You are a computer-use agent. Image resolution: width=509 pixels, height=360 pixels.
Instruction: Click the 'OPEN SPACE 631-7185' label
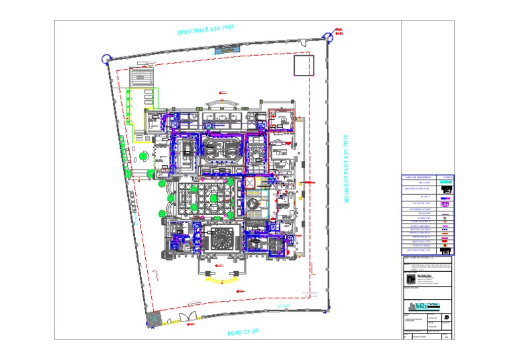click(x=205, y=30)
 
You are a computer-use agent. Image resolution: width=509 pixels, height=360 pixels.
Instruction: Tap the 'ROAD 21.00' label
click(x=237, y=332)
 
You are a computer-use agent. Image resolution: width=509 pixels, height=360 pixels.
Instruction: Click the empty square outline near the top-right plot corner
click(x=303, y=65)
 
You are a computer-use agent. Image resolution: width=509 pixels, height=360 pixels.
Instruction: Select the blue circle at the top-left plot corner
click(x=104, y=58)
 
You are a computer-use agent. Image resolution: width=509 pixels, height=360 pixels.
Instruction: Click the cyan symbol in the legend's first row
click(x=446, y=182)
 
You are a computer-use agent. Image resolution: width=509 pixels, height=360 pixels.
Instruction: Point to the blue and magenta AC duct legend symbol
click(x=446, y=198)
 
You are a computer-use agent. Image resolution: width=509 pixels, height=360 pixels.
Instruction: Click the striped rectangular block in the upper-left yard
click(x=142, y=77)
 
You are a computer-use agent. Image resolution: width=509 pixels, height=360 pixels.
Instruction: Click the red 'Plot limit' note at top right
click(x=339, y=30)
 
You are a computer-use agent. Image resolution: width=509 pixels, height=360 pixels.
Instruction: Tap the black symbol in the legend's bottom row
click(x=446, y=250)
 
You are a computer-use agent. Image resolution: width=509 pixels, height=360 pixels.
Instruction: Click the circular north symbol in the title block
click(x=447, y=318)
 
